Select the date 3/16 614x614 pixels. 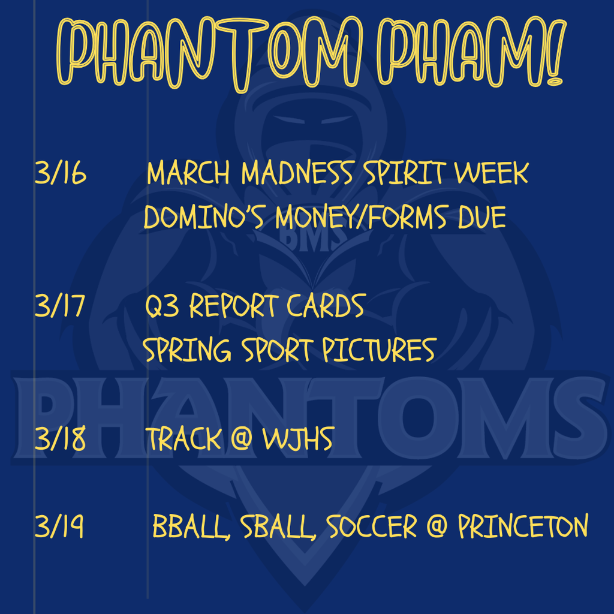point(61,174)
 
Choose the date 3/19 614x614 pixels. point(59,528)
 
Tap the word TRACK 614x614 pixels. point(183,440)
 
